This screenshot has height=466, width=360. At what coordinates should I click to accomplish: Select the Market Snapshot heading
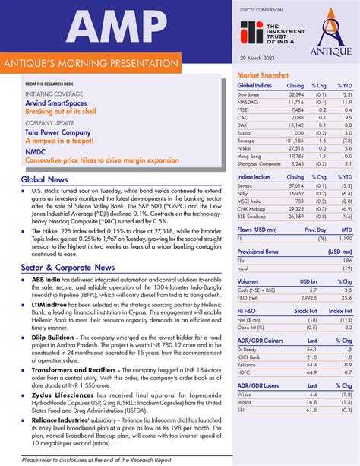point(263,76)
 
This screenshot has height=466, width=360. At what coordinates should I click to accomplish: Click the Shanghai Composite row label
point(261,163)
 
